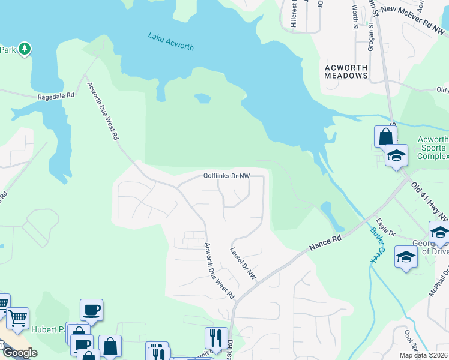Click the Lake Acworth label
171,41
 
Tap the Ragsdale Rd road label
56,95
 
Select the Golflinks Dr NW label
226,176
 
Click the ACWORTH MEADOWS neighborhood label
346,71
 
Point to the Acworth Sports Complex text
432,148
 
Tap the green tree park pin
25,48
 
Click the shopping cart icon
17,316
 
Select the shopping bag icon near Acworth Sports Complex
385,136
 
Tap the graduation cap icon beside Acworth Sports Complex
396,155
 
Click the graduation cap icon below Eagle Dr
406,256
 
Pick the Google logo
20,353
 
